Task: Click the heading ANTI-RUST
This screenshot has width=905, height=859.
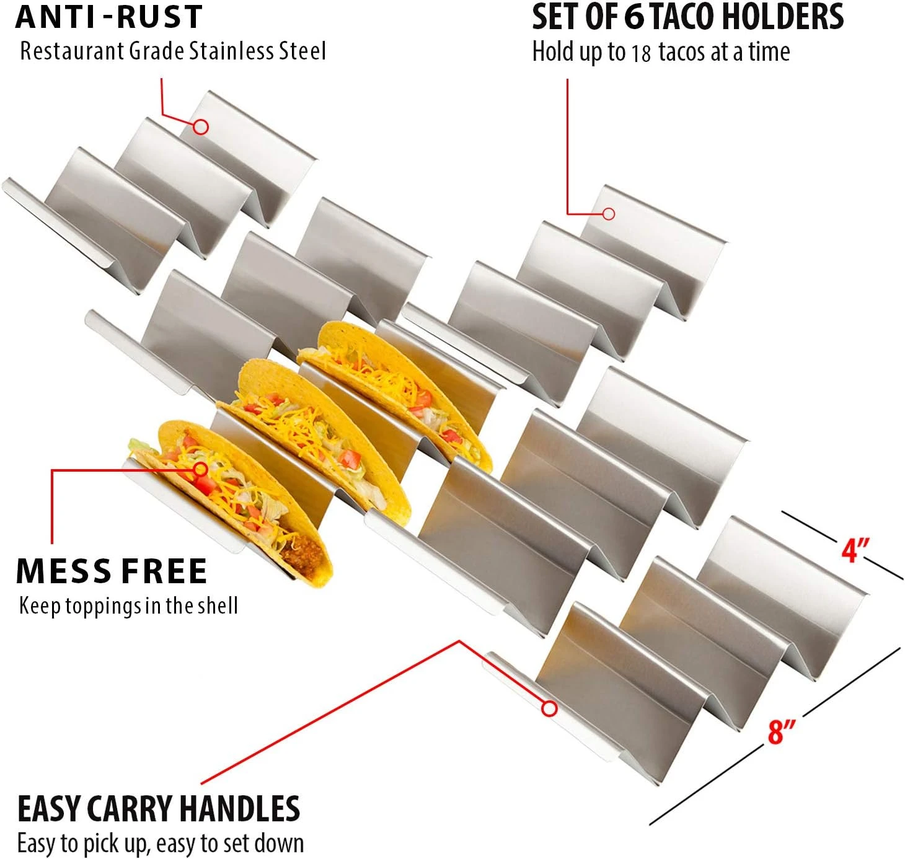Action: [x=109, y=17]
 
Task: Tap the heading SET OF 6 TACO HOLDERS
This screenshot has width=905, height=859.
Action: [x=687, y=17]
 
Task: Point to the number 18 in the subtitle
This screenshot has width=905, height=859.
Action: [x=641, y=53]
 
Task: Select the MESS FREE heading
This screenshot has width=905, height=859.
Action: [x=112, y=571]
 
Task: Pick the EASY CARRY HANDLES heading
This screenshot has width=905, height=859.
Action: [x=159, y=809]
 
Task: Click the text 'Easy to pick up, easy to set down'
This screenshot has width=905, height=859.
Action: [x=161, y=844]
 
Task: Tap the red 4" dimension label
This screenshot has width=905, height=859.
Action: [x=855, y=549]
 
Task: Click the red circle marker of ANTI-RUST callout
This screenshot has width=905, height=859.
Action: [x=200, y=126]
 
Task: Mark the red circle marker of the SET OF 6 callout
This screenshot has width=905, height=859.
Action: [x=609, y=214]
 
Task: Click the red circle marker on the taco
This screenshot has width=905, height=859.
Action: [x=200, y=469]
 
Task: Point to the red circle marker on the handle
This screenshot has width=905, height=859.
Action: [x=549, y=708]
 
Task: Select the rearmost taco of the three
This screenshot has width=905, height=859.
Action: [x=397, y=384]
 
